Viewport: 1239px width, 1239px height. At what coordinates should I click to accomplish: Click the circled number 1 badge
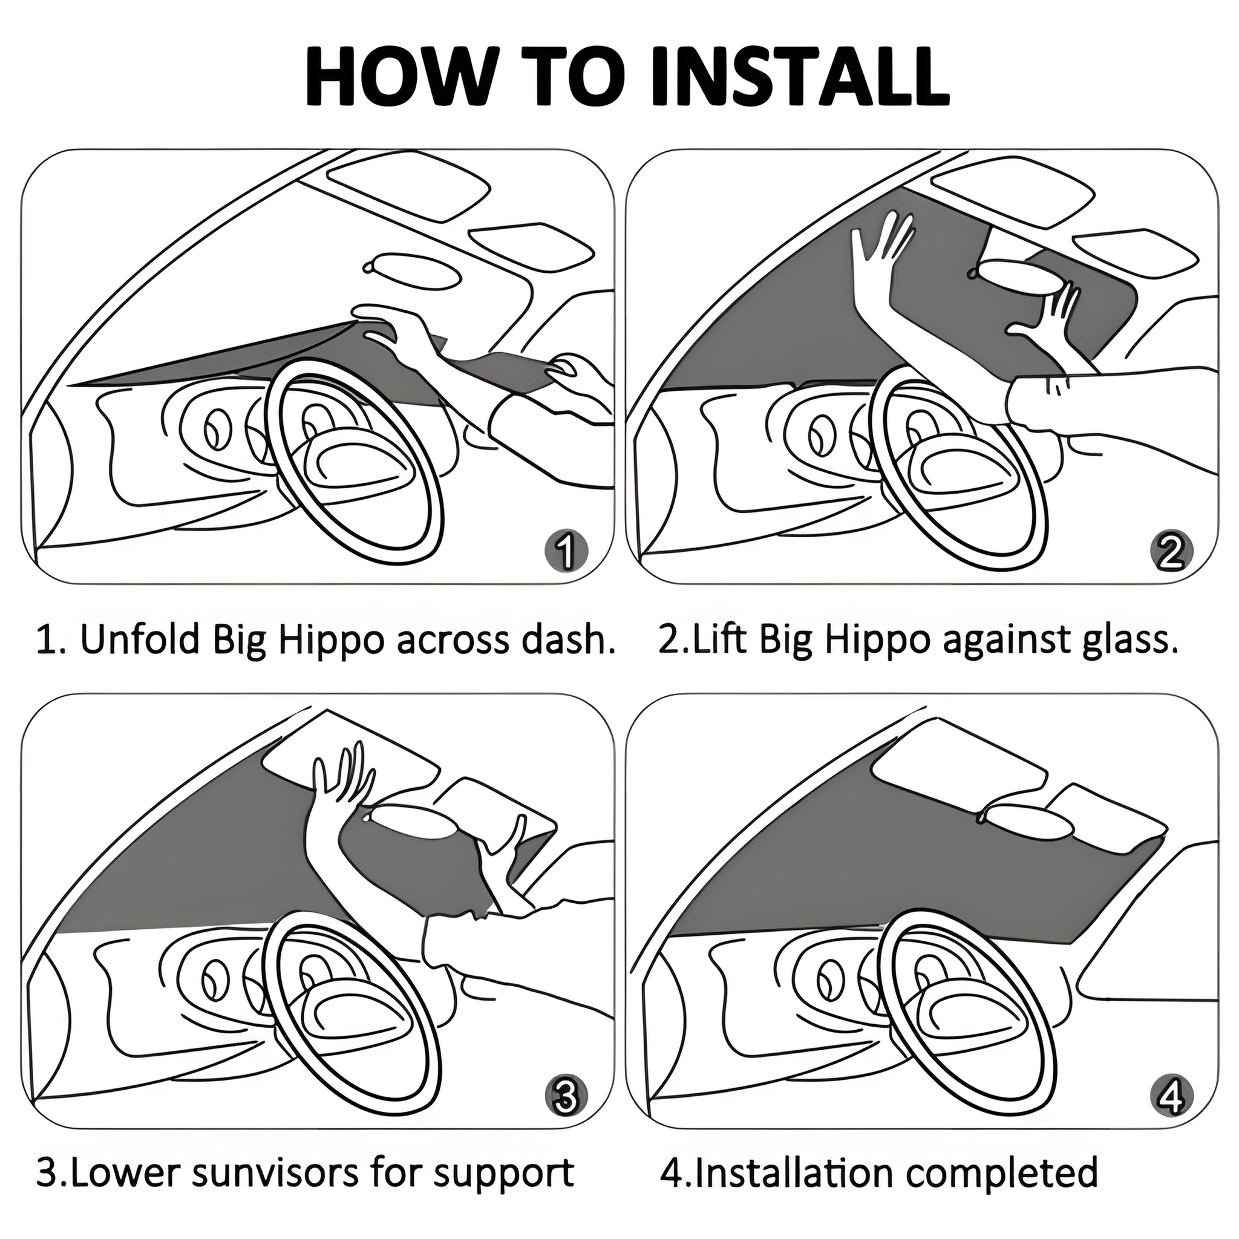click(564, 551)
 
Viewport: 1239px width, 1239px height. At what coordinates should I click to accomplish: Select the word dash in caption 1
click(559, 639)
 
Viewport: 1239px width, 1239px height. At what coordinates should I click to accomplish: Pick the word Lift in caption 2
click(713, 639)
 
